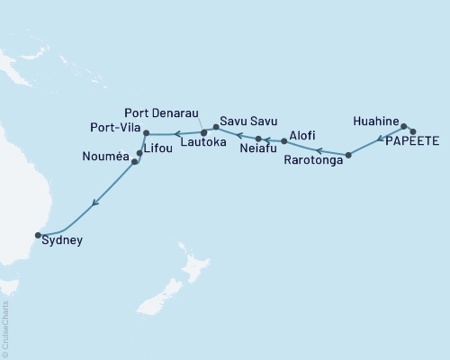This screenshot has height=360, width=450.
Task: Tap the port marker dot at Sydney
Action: (38, 235)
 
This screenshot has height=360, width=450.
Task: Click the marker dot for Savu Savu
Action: (215, 128)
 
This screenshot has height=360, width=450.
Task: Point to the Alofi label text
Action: (299, 132)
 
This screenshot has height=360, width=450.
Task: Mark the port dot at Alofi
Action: (284, 141)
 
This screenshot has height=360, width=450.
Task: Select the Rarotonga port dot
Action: (348, 156)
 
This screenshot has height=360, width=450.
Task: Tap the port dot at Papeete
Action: (412, 132)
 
